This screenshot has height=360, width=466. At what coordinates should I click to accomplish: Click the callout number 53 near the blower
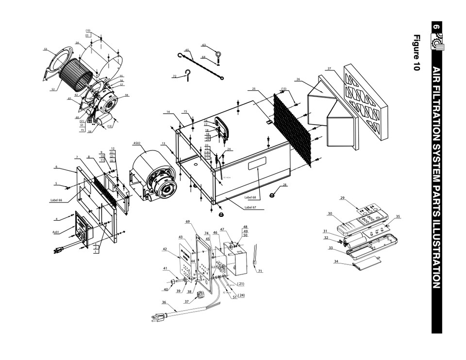point(46,49)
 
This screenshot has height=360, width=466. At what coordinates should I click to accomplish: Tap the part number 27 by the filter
point(329,68)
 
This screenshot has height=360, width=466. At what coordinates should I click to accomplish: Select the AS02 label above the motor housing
point(137,143)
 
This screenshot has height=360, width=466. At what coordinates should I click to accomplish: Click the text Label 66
point(58,199)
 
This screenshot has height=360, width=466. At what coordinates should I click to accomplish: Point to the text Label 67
point(250,207)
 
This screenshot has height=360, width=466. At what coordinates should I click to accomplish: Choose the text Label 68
point(250,197)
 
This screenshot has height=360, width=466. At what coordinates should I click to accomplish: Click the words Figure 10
point(416,53)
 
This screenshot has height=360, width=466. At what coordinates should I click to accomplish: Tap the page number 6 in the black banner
point(436,28)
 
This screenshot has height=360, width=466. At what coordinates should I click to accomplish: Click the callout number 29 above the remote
point(342,198)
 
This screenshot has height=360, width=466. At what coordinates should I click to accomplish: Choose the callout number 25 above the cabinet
point(253,89)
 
